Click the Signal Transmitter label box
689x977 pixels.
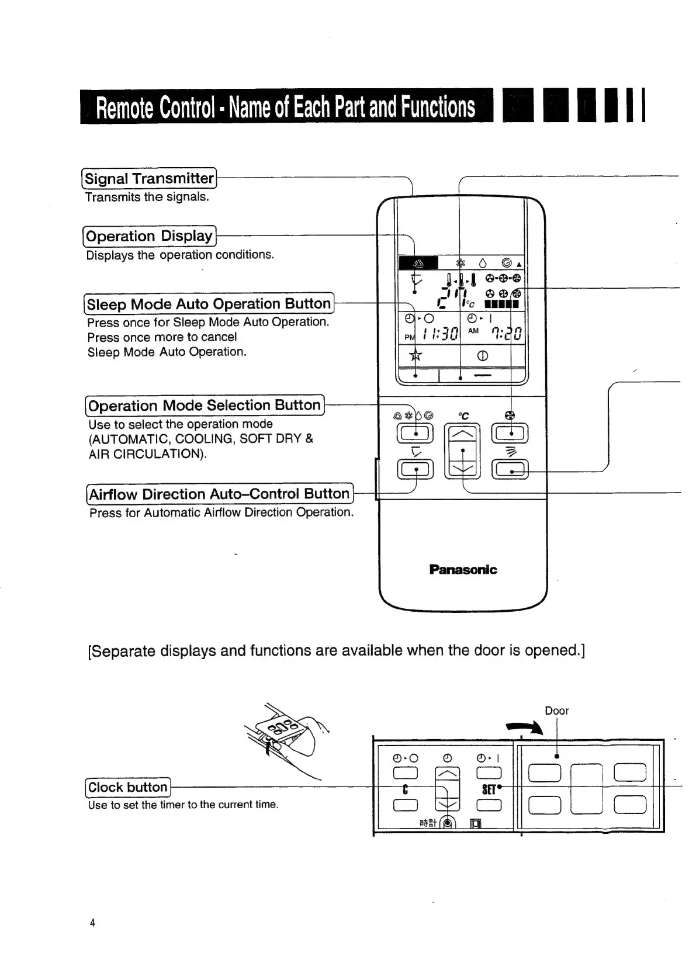pos(149,178)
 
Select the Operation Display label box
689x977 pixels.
pos(149,236)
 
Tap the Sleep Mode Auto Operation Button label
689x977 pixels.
pos(209,304)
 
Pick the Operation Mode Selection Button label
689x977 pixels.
pos(204,405)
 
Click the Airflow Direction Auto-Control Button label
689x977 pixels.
pos(219,494)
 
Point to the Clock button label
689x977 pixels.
pos(128,787)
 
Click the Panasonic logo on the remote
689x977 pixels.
pos(463,569)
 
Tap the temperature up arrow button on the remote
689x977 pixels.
pos(462,434)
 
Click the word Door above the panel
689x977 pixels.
pos(556,711)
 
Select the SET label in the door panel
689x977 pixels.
pos(489,790)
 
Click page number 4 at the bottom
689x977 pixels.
pos(92,923)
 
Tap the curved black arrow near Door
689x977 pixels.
pos(525,727)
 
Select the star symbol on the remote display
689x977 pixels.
pos(416,356)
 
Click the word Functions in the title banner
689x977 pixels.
pos(438,107)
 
